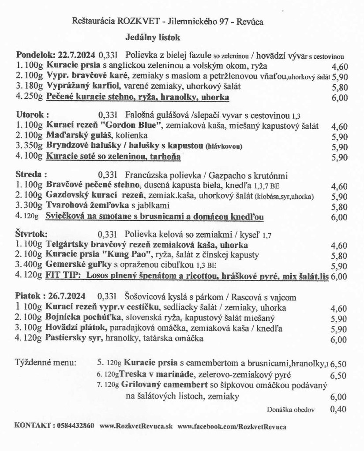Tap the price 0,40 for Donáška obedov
tap(338, 409)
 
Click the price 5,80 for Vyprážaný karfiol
tap(339, 88)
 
